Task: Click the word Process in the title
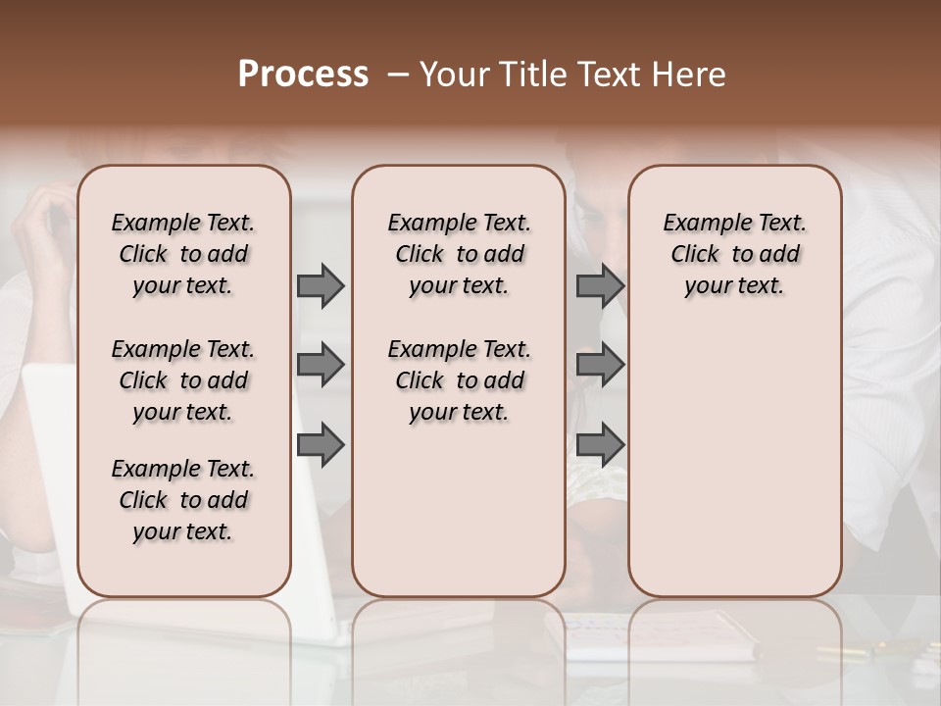pos(303,75)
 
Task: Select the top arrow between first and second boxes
pos(321,285)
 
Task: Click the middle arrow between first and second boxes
pos(321,365)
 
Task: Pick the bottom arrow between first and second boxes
pos(321,444)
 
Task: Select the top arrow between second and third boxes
pos(600,285)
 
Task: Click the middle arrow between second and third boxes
pos(600,365)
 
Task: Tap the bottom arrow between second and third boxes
pos(600,444)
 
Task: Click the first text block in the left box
pos(183,254)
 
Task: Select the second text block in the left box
pos(183,380)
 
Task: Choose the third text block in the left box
pos(183,500)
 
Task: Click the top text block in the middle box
pos(459,254)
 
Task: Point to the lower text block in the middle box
pos(459,380)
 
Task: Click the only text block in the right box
pos(735,254)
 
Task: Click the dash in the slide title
pos(397,75)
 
